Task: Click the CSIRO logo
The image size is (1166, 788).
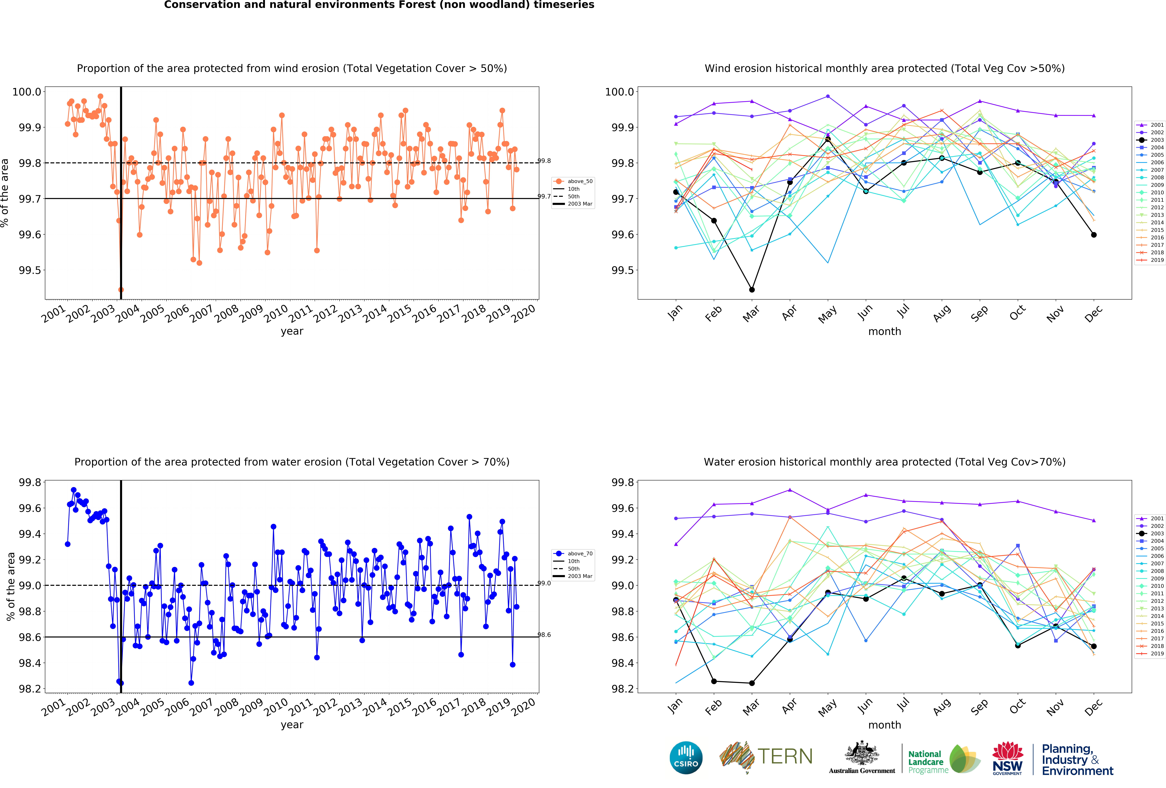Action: point(686,757)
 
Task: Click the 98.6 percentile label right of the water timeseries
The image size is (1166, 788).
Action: point(544,635)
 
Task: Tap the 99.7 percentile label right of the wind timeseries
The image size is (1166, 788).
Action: point(544,196)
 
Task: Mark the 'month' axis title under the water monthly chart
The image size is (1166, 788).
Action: point(885,725)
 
